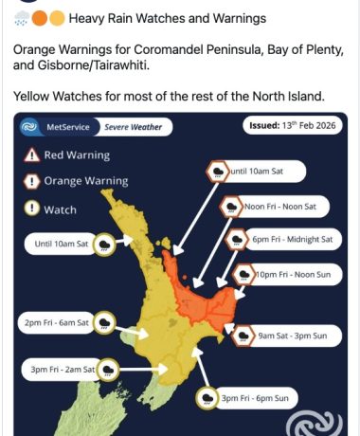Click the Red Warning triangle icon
click(x=32, y=155)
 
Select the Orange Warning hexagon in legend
click(x=32, y=182)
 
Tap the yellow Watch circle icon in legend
click(x=32, y=209)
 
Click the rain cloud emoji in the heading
click(x=23, y=18)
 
